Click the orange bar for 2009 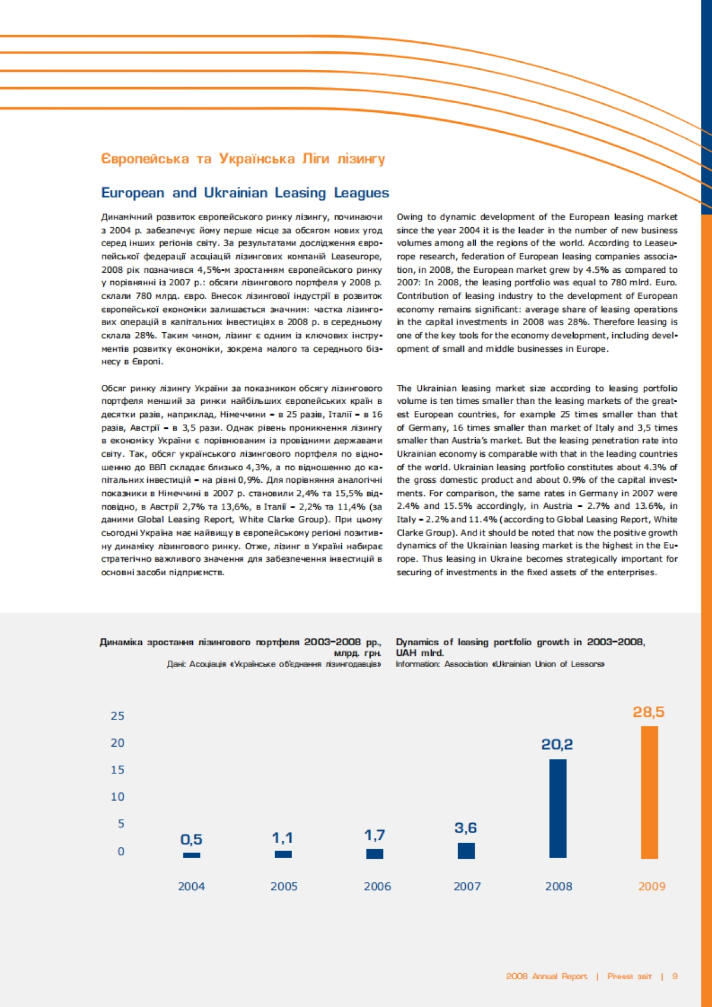point(650,792)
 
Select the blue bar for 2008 point(558,808)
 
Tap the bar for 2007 point(466,850)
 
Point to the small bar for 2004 point(192,855)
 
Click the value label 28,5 point(649,712)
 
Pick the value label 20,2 point(557,744)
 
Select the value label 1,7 point(374,835)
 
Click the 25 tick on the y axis point(117,716)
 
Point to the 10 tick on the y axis point(117,797)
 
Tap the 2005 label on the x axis point(284,887)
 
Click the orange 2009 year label point(651,887)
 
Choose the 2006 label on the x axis point(377,887)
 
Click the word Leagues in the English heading point(361,193)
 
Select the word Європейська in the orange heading point(145,159)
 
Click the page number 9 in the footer point(675,976)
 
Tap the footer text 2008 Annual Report point(546,976)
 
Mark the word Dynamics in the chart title point(418,642)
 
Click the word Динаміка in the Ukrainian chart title point(121,642)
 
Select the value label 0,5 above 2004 point(191,840)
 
